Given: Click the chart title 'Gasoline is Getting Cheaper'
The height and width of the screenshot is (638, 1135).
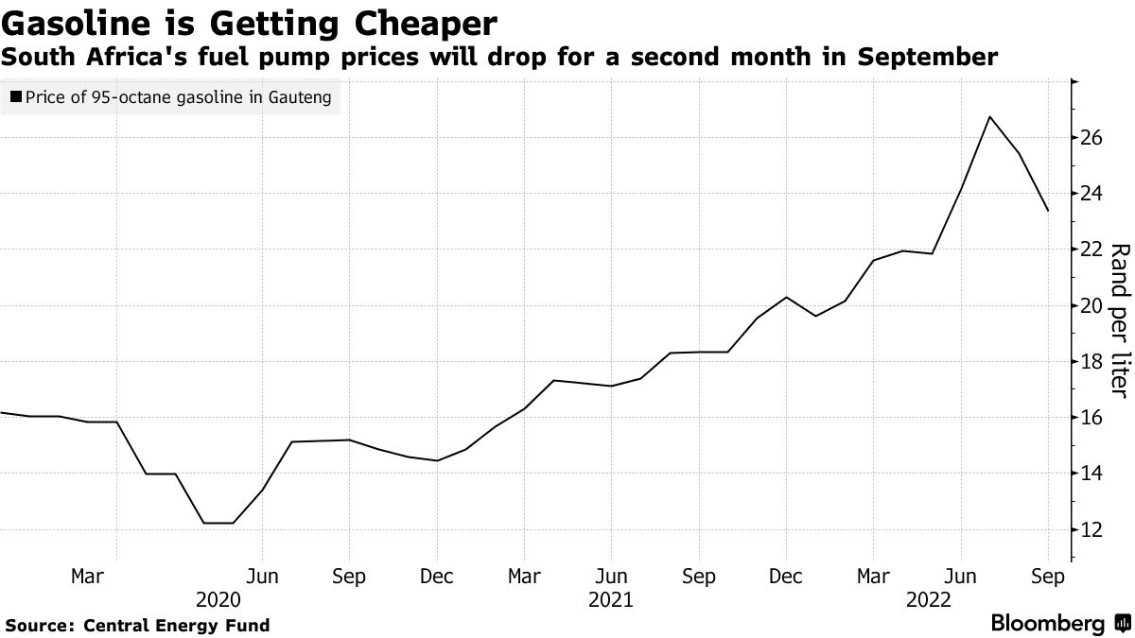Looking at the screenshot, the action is pyautogui.click(x=250, y=24).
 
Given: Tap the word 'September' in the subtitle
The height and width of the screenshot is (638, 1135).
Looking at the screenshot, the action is pyautogui.click(x=927, y=58).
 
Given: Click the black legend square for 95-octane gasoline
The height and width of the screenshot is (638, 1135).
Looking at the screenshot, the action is pyautogui.click(x=16, y=96).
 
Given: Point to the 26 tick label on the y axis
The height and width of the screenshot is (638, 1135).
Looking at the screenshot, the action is pyautogui.click(x=1091, y=138).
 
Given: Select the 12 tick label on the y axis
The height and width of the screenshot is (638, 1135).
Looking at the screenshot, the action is pyautogui.click(x=1091, y=530).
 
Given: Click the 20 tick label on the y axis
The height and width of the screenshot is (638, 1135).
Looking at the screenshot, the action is pyautogui.click(x=1091, y=306).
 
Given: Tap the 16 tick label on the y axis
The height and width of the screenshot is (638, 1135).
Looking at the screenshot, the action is pyautogui.click(x=1091, y=418).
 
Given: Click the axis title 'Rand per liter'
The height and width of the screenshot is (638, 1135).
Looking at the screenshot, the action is pyautogui.click(x=1119, y=321).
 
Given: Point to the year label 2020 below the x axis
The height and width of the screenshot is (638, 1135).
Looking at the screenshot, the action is pyautogui.click(x=218, y=600).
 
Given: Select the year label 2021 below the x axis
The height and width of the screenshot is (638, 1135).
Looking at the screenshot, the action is pyautogui.click(x=611, y=600).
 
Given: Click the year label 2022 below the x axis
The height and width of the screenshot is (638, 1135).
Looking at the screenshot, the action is pyautogui.click(x=929, y=600).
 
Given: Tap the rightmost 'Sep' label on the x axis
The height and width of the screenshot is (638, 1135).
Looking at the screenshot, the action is pyautogui.click(x=1048, y=577).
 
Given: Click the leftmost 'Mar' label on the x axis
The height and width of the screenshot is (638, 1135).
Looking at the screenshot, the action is pyautogui.click(x=87, y=576).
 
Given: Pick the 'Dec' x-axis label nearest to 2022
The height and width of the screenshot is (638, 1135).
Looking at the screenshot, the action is pyautogui.click(x=786, y=576).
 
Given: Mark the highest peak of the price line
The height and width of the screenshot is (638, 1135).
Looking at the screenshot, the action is pyautogui.click(x=989, y=117).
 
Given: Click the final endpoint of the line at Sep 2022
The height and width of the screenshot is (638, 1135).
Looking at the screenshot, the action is pyautogui.click(x=1048, y=211).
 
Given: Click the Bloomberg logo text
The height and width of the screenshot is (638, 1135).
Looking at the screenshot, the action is pyautogui.click(x=1047, y=623).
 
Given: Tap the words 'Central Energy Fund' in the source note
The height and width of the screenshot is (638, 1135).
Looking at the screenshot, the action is pyautogui.click(x=176, y=626).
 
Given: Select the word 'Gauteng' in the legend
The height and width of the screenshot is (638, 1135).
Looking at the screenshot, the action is pyautogui.click(x=300, y=97).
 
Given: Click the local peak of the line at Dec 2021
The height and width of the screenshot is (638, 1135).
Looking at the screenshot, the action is pyautogui.click(x=786, y=297).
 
